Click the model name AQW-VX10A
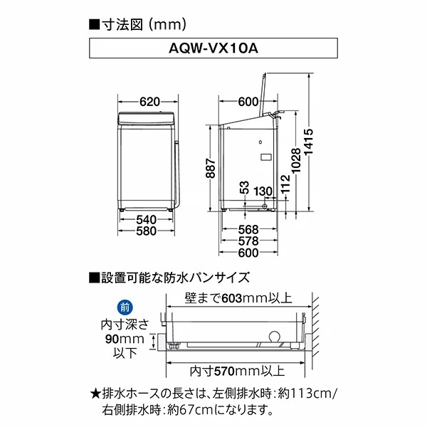click(x=213, y=51)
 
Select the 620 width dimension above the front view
click(x=148, y=102)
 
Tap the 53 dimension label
click(x=244, y=189)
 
